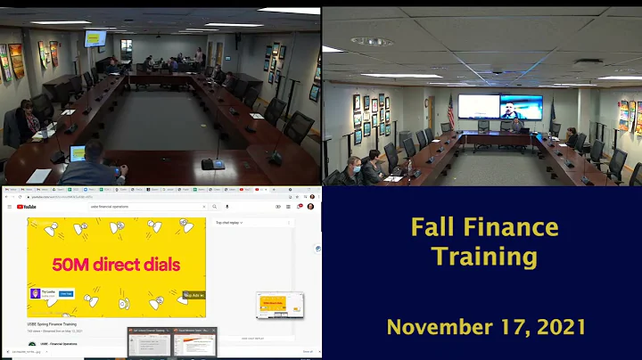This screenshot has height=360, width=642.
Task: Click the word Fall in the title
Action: [431, 228]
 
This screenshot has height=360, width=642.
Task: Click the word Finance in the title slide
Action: [507, 228]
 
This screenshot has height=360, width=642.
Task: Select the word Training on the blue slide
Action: [484, 258]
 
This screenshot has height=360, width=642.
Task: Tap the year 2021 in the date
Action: [553, 326]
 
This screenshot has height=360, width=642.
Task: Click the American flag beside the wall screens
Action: [450, 112]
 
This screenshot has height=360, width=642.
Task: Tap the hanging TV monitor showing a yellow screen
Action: [95, 38]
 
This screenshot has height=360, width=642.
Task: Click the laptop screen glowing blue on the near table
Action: [78, 152]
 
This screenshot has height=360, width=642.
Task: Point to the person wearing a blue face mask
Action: [353, 166]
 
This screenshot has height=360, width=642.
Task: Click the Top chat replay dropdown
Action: [230, 223]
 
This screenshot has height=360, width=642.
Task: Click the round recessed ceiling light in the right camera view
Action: [371, 41]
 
